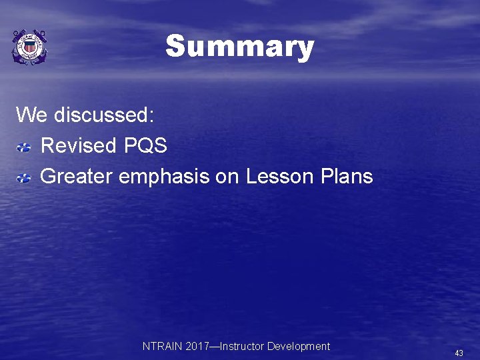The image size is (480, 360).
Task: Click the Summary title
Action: [x=239, y=47]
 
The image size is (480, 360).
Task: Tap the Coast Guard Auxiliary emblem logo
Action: [x=29, y=47]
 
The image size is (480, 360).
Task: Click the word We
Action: [x=31, y=115]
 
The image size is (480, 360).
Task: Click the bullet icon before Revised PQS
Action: [x=24, y=146]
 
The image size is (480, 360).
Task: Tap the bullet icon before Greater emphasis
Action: [x=24, y=177]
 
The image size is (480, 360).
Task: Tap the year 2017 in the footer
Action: [x=195, y=346]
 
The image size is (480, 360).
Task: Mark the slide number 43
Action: [x=459, y=353]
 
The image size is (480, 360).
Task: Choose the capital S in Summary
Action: [x=175, y=47]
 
